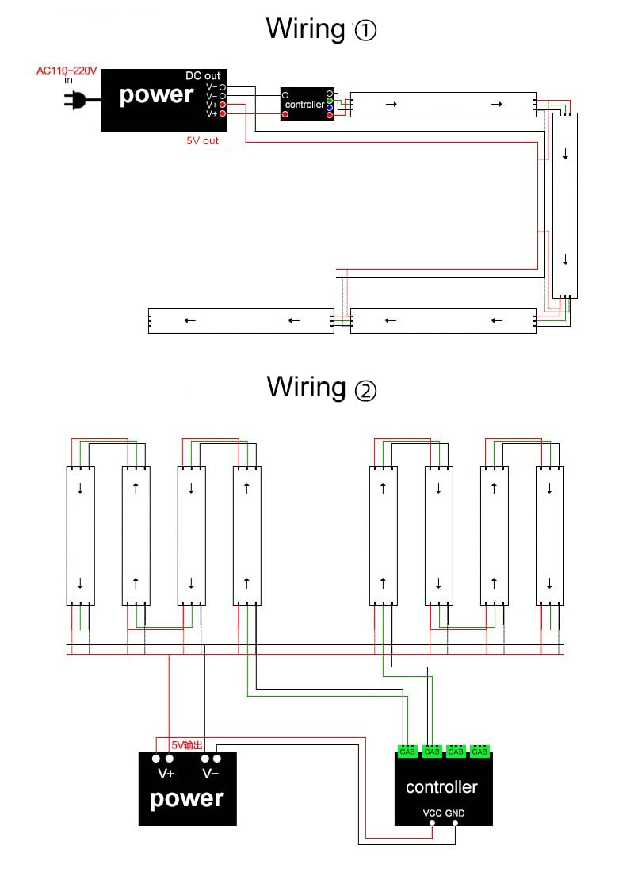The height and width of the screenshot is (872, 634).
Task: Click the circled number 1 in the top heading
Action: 365,31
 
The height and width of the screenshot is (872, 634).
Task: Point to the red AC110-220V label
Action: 67,71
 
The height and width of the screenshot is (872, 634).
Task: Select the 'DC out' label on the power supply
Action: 203,76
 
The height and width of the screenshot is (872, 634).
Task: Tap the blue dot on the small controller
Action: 330,108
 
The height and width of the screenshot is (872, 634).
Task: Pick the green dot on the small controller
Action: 330,101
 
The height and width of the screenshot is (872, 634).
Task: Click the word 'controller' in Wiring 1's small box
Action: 304,105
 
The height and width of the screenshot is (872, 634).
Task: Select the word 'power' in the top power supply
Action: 156,95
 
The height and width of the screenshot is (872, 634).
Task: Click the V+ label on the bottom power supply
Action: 166,773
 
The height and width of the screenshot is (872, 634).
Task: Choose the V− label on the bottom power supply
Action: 210,773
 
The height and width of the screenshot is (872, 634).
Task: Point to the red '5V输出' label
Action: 187,745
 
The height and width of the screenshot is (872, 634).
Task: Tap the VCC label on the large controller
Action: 432,813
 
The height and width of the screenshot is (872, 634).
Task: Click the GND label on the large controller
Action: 455,813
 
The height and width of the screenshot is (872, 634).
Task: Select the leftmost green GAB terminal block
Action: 407,751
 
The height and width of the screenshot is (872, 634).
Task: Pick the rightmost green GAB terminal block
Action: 479,751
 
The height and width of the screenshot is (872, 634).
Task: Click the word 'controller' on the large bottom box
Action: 441,787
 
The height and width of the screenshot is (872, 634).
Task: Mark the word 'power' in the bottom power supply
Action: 187,798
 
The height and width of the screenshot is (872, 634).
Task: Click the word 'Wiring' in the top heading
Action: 305,29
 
